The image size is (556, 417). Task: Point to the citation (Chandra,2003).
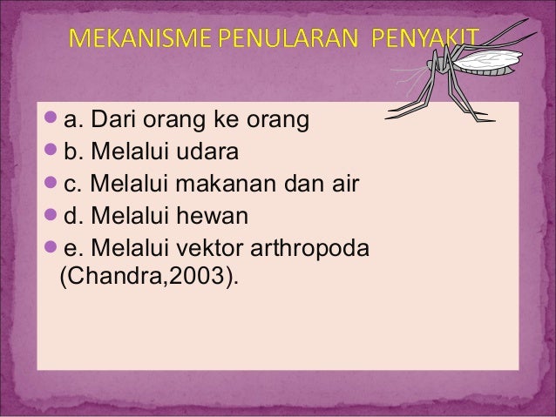[147, 280]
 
